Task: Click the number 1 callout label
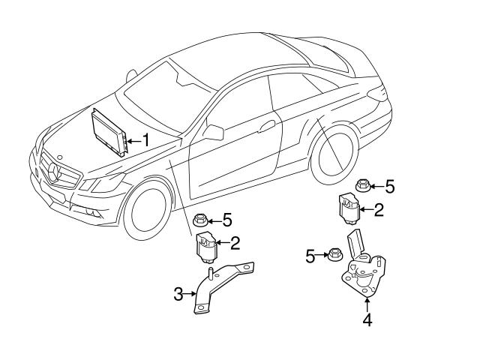pyautogui.click(x=146, y=139)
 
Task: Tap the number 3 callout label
pyautogui.click(x=178, y=295)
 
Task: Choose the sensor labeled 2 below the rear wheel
pyautogui.click(x=347, y=207)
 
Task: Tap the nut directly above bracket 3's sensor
pyautogui.click(x=200, y=220)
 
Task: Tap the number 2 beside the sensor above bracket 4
pyautogui.click(x=379, y=210)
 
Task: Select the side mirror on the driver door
pyautogui.click(x=213, y=133)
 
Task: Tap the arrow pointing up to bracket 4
pyautogui.click(x=367, y=304)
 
